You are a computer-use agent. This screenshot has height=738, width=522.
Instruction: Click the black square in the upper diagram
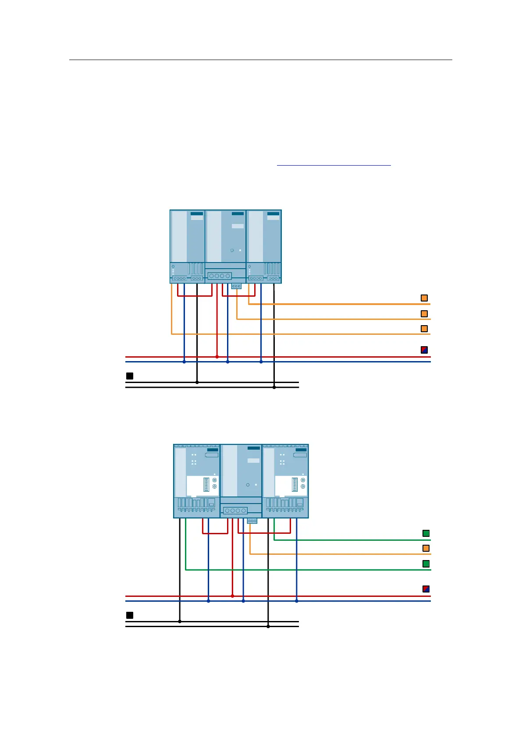click(130, 376)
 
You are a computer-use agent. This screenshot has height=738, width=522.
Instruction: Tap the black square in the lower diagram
click(130, 615)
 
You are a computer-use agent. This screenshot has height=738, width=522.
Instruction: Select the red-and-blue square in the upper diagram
click(424, 350)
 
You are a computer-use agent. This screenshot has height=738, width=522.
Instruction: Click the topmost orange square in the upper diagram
click(424, 298)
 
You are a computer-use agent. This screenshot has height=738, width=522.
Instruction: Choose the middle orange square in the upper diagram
click(424, 314)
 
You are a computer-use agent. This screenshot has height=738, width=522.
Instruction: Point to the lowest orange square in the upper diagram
click(424, 329)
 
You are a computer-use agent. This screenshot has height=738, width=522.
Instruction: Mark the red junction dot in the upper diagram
click(217, 357)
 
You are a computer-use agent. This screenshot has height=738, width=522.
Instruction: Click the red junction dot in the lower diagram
click(232, 596)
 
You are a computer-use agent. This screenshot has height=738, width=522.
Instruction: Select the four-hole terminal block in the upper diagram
click(220, 276)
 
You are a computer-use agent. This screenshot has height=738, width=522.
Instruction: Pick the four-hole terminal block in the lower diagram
click(235, 511)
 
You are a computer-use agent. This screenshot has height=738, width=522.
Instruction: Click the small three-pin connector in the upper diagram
click(236, 286)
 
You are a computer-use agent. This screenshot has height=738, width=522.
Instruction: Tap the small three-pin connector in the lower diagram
click(252, 521)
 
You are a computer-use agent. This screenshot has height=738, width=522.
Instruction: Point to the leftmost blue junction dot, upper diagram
click(184, 362)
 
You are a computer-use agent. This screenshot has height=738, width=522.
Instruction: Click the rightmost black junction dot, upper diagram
click(274, 387)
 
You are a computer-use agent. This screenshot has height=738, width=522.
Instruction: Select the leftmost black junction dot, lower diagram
click(180, 621)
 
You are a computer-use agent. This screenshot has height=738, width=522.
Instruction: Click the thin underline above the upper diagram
click(334, 165)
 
